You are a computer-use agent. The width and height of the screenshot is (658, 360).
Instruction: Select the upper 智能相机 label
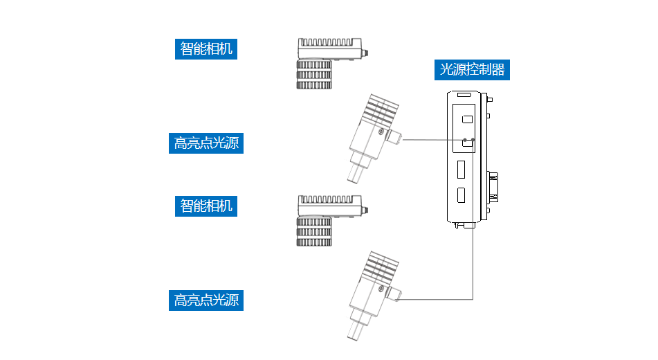(x=206, y=49)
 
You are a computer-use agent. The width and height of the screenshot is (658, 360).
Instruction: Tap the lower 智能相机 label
(x=206, y=206)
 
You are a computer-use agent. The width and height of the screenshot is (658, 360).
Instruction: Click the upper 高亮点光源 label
(x=206, y=143)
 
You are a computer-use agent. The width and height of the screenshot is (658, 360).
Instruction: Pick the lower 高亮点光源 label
(x=206, y=300)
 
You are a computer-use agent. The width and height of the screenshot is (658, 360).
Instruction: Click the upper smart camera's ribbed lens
(x=314, y=75)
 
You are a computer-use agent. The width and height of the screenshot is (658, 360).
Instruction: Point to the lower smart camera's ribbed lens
(x=314, y=231)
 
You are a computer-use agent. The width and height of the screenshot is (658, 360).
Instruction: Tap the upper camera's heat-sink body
(x=328, y=49)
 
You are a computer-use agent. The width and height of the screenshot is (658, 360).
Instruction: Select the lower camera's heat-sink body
(x=328, y=206)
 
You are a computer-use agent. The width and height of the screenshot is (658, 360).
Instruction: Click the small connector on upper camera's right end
(x=366, y=52)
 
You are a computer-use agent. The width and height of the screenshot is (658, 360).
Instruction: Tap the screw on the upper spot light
(x=381, y=132)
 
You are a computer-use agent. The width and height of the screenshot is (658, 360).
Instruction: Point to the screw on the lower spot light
(x=381, y=288)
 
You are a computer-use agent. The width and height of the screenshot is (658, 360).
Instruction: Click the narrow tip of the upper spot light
(x=354, y=172)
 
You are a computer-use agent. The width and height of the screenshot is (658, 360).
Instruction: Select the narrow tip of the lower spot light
(x=354, y=329)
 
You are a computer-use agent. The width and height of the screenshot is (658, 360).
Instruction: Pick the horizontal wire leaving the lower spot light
(x=436, y=299)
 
